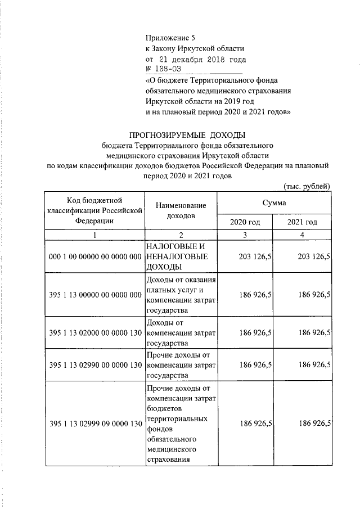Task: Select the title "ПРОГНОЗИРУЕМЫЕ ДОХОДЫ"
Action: tap(188, 135)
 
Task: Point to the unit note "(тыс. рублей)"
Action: tap(304, 187)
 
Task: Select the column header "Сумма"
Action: tap(273, 202)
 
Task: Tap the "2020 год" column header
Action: tap(245, 222)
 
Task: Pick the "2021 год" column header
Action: tap(301, 222)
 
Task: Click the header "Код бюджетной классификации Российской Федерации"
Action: tap(94, 211)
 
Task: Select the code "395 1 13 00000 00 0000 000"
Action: tap(94, 295)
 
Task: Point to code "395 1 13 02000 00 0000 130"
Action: tap(94, 333)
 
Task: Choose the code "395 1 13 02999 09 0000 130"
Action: tap(94, 424)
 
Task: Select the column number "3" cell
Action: tap(245, 235)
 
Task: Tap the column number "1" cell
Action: tap(94, 235)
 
